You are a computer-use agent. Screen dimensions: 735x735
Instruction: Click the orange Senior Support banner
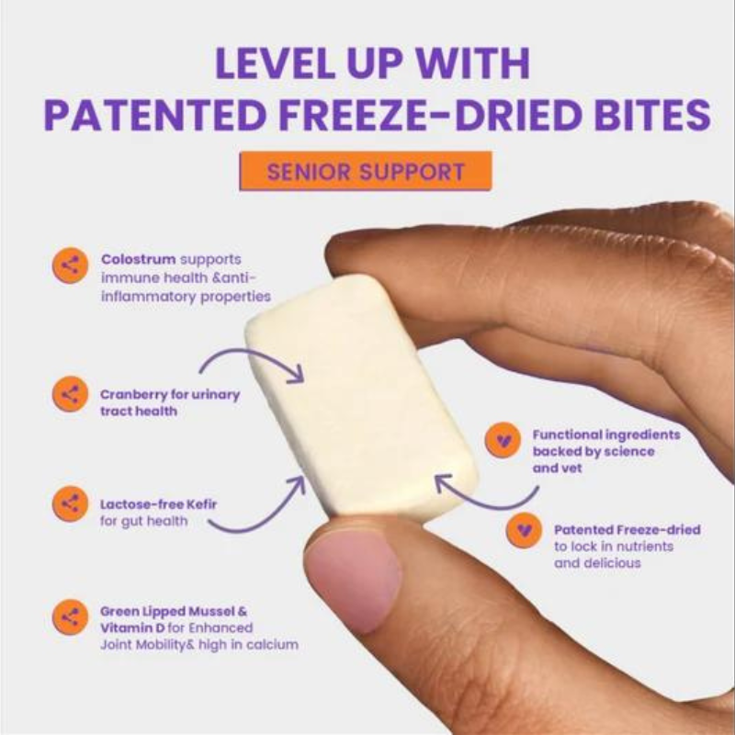365,171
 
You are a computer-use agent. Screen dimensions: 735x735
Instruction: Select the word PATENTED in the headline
155,115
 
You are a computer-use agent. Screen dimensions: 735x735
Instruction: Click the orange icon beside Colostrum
71,266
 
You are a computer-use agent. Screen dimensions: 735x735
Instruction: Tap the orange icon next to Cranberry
71,394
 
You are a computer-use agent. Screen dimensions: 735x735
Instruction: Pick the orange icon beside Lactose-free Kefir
71,503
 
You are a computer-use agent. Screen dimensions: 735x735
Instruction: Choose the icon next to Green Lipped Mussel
71,617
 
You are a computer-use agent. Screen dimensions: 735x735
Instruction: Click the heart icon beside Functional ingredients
503,440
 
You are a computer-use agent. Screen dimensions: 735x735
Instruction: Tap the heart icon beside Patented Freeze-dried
524,530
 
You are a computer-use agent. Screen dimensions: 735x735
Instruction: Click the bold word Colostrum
139,259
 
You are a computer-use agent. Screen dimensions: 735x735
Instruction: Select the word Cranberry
133,395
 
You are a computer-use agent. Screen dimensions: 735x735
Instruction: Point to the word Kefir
201,504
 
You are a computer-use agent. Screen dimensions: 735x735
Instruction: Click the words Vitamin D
132,628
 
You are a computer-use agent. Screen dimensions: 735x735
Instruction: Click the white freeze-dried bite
362,399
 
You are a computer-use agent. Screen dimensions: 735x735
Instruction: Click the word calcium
272,645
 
